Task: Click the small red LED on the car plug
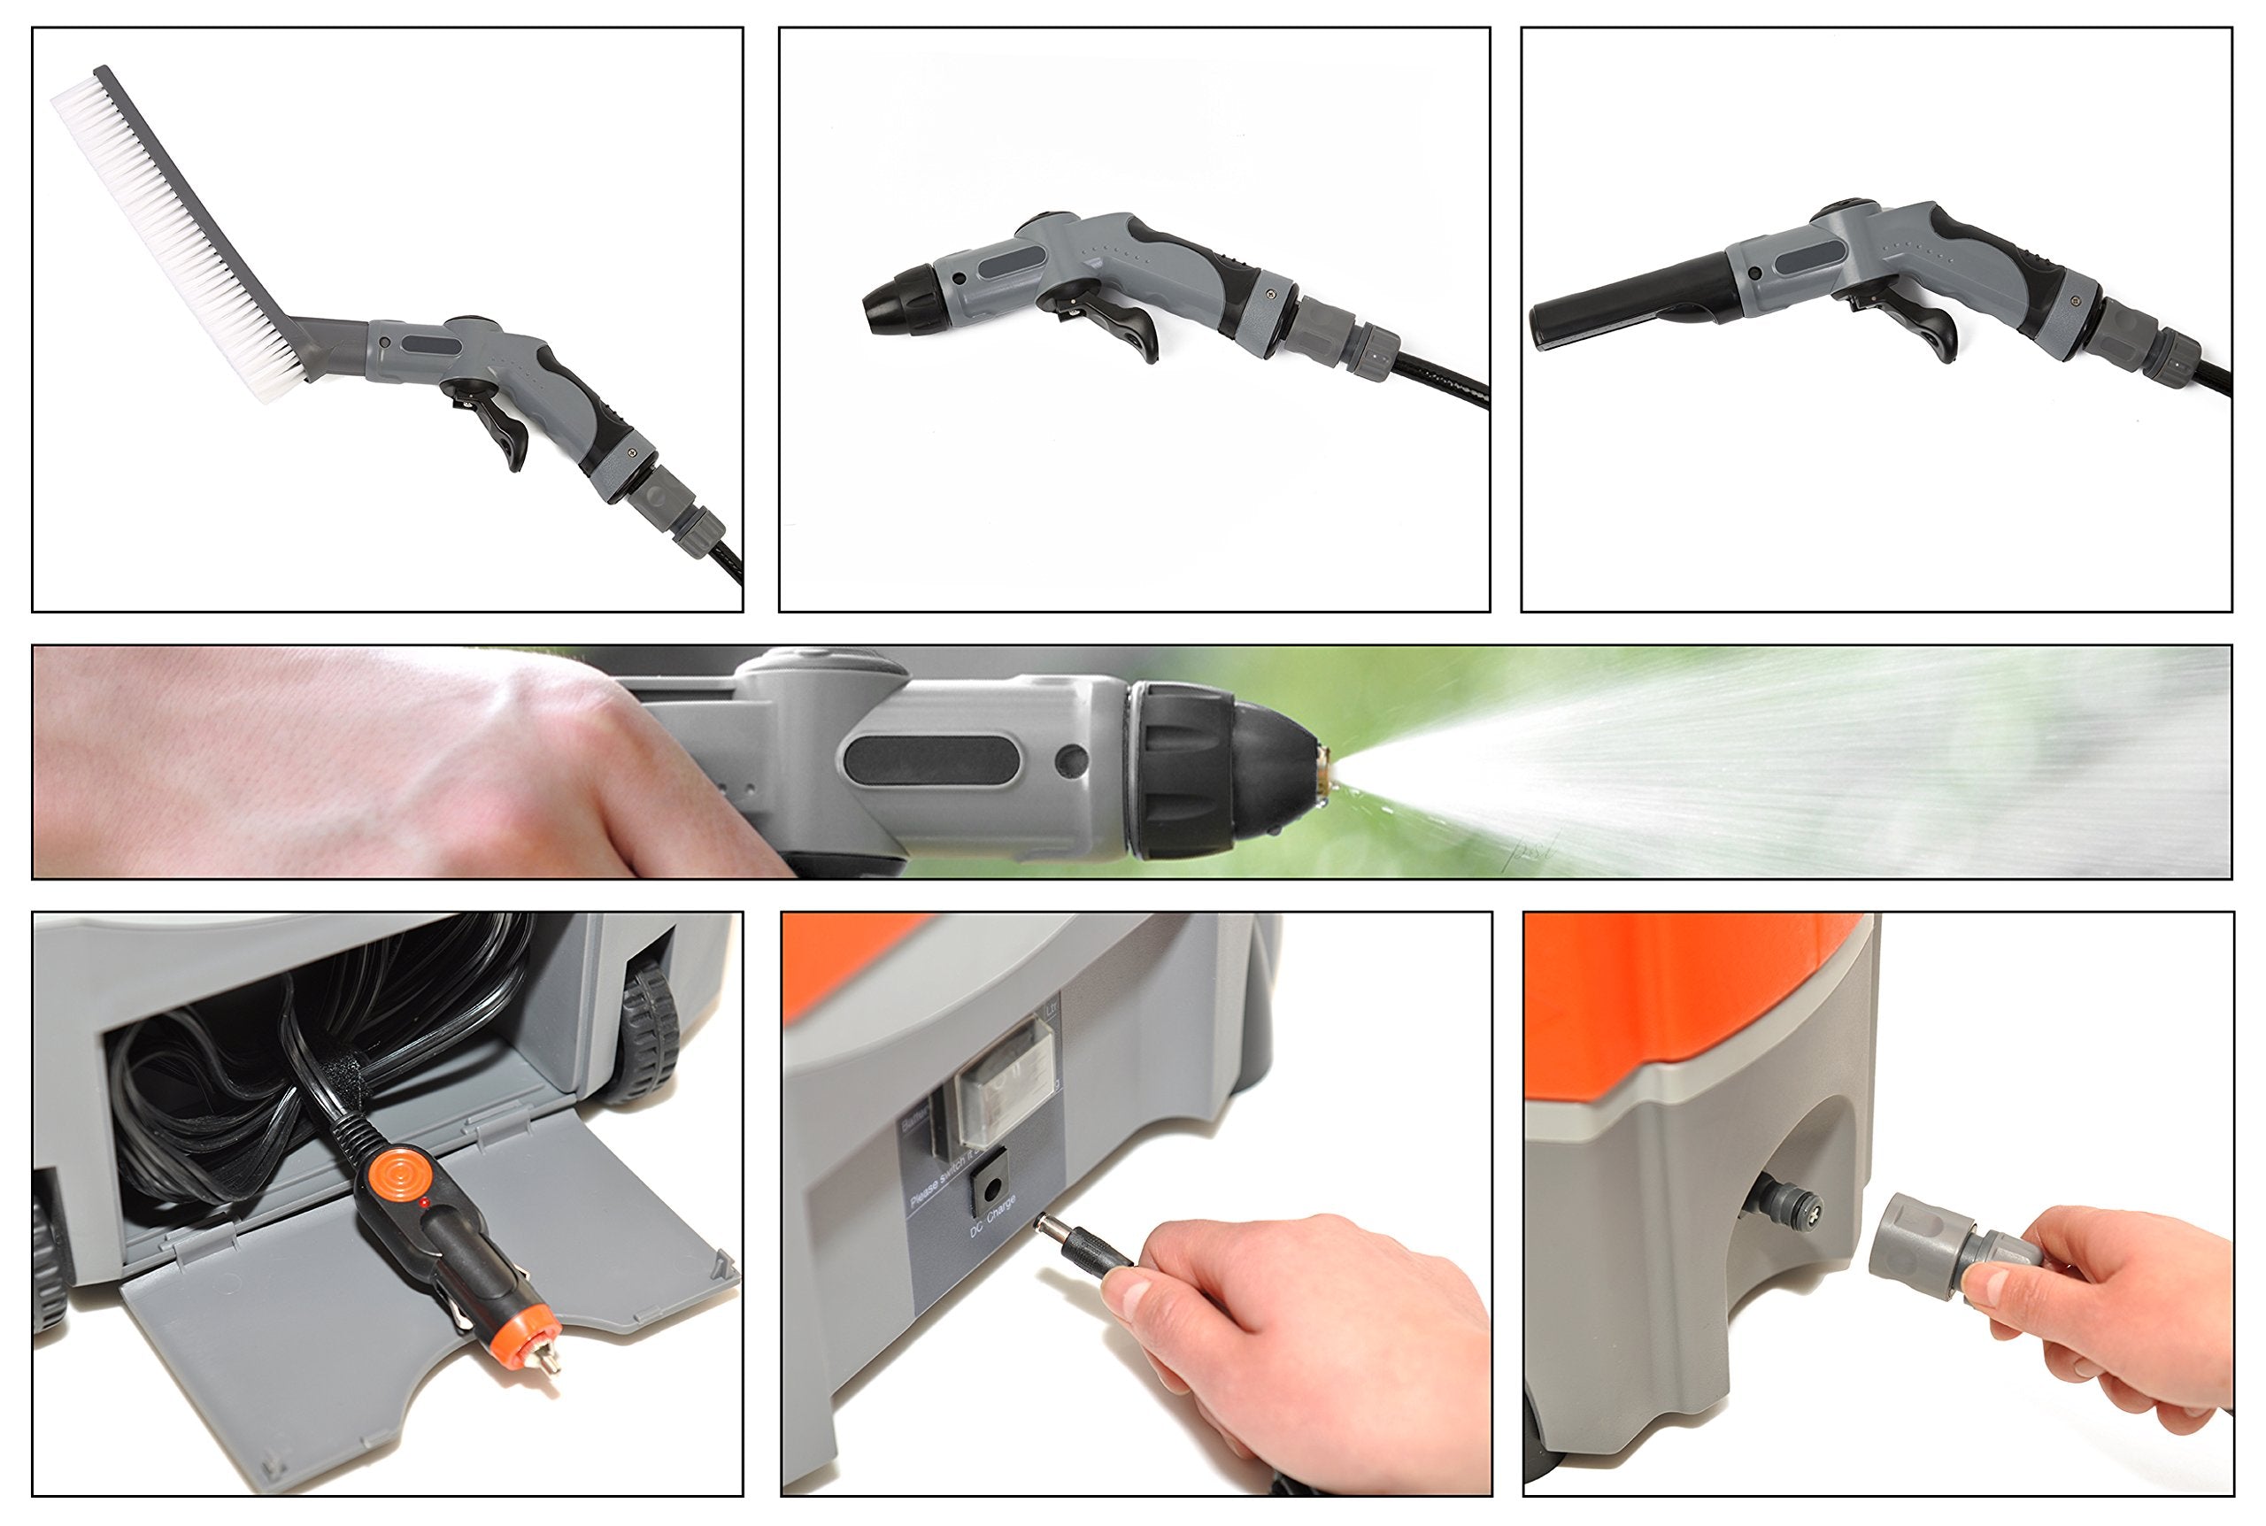(424, 1204)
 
